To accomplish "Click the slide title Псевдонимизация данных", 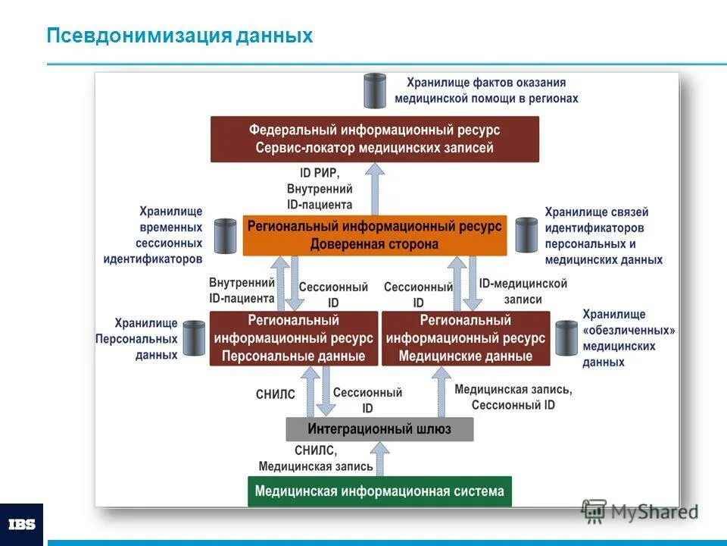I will point(179,36).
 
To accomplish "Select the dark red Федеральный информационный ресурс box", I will point(374,139).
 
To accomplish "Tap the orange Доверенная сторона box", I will point(374,235).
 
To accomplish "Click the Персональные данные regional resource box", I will point(293,338).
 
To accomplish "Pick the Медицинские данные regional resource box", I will point(465,338).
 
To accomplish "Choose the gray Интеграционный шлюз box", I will point(379,429).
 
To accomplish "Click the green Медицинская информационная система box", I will point(379,491).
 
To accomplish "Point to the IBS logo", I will point(21,524).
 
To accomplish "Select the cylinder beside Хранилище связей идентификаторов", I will point(526,234).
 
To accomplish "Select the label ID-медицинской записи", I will point(523,291).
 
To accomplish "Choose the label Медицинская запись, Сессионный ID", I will point(513,397).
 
